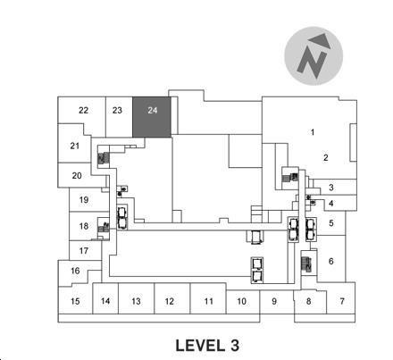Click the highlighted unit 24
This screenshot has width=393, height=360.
click(x=152, y=117)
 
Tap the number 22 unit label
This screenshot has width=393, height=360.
click(x=83, y=111)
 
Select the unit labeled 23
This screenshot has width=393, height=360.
click(x=117, y=111)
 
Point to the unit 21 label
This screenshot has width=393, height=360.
click(x=75, y=146)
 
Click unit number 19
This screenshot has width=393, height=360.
click(x=84, y=200)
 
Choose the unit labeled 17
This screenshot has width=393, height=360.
click(x=84, y=251)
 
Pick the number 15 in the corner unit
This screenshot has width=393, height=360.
click(x=75, y=301)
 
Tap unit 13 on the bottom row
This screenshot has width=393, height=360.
click(x=136, y=301)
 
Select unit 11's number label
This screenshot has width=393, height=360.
click(x=209, y=301)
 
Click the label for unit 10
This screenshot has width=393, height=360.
click(x=241, y=301)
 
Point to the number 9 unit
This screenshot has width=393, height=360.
click(x=274, y=301)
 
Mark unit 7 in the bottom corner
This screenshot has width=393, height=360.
click(x=342, y=301)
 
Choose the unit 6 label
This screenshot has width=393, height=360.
click(x=331, y=261)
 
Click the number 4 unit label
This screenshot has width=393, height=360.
click(x=331, y=204)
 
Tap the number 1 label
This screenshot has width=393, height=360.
click(x=313, y=132)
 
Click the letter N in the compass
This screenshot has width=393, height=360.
click(x=312, y=63)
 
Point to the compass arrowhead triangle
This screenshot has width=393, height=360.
click(x=321, y=40)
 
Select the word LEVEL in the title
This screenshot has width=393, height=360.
click(x=200, y=346)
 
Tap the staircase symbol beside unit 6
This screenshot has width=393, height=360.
click(x=306, y=264)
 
